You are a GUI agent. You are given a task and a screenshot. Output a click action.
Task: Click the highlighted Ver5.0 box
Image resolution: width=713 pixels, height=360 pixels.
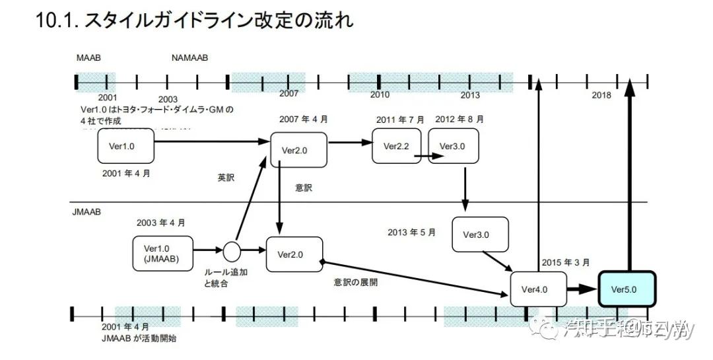coord(627,289)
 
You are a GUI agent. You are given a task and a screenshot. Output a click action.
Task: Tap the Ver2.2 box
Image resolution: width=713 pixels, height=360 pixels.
coord(396,146)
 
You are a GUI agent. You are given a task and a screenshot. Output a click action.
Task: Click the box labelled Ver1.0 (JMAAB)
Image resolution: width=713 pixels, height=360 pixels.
coord(161,254)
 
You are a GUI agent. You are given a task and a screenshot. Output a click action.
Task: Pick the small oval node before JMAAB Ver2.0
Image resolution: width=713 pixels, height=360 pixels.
coord(231,251)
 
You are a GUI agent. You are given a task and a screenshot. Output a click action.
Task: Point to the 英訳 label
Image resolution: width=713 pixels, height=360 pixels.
coord(226,178)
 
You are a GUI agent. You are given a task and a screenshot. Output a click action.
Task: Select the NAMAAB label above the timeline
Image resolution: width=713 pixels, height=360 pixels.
coord(189,58)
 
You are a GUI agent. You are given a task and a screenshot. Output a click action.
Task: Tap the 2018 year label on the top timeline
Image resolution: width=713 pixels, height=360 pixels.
coord(601,96)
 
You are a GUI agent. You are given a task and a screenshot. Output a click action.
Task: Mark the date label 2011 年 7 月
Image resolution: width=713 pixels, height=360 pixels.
coord(400,120)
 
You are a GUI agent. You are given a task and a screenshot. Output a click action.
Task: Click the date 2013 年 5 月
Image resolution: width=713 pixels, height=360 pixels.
coord(412,233)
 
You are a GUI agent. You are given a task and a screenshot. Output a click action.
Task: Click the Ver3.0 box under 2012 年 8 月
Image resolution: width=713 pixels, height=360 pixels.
coord(453,146)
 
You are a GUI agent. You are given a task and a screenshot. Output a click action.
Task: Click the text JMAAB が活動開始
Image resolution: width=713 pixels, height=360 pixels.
coord(139,338)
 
